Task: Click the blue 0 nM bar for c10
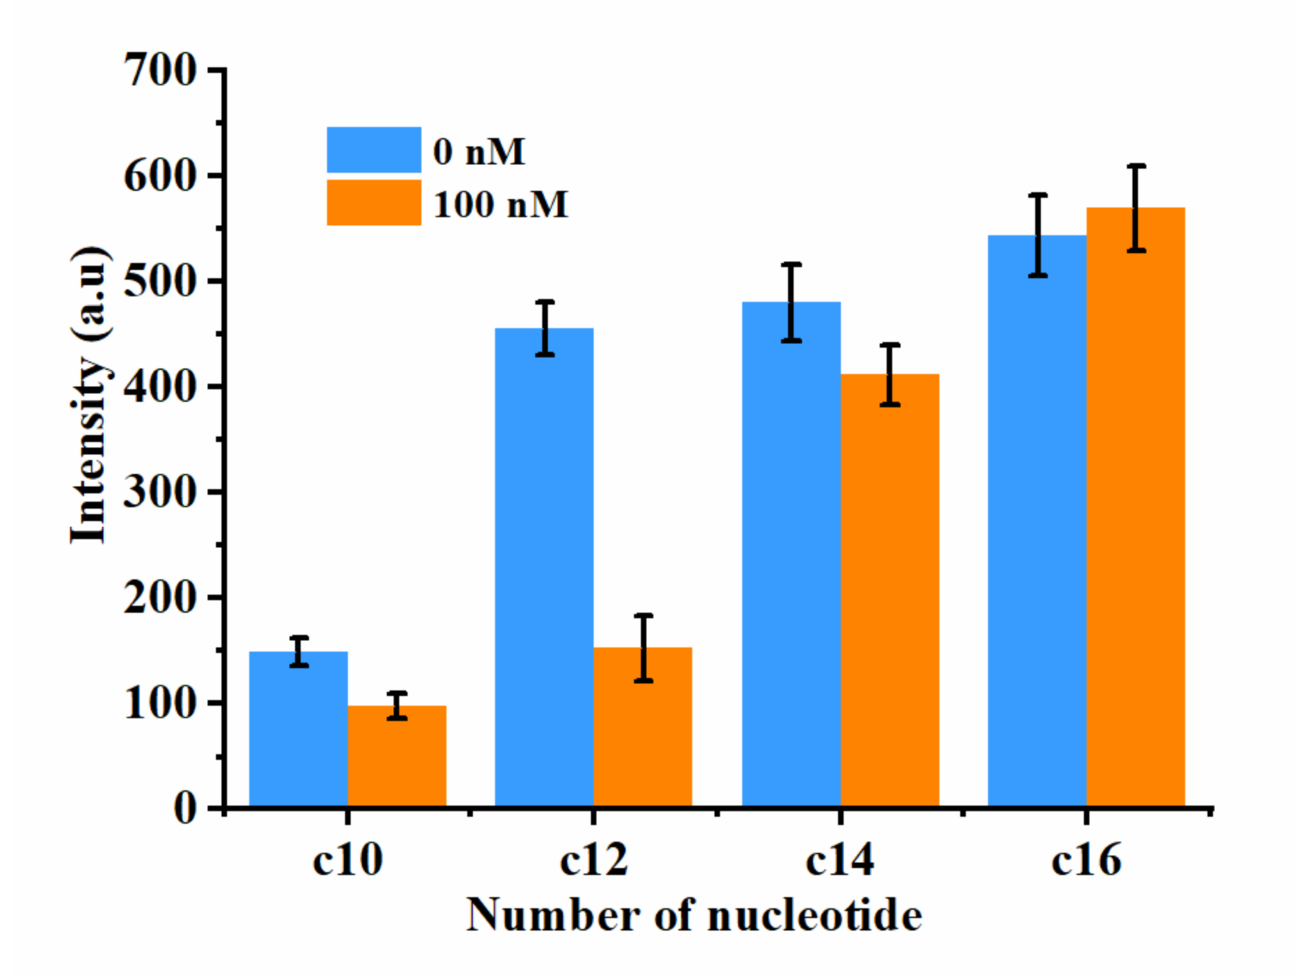coord(298,729)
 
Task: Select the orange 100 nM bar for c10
coord(396,756)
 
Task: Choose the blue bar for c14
coord(791,555)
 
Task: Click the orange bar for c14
coord(889,590)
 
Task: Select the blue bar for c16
coord(1037,520)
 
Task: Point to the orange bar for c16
coord(1135,507)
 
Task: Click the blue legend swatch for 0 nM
coord(374,149)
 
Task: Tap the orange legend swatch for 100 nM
coord(374,203)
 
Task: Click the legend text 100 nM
coord(501,205)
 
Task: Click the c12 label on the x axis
coord(594,860)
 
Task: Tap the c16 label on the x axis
coord(1086,860)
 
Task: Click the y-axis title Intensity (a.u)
coord(89,396)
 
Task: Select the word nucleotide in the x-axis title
coord(814,916)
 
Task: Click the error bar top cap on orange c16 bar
coord(1136,166)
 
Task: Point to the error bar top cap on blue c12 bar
coord(545,302)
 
